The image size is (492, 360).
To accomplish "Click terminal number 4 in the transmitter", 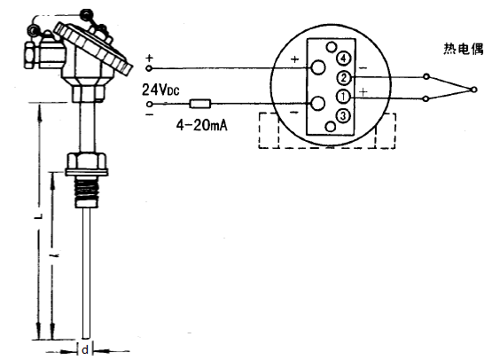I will [342, 59].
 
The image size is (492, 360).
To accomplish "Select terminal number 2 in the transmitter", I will [342, 78].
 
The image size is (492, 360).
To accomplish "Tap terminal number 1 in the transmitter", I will [342, 95].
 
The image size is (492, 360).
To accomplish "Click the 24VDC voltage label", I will [160, 89].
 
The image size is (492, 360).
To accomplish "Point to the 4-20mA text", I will [203, 126].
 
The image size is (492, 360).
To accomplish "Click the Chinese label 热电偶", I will [464, 50].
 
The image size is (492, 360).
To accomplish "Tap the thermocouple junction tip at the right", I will [480, 87].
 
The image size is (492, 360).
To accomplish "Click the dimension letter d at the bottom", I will [85, 350].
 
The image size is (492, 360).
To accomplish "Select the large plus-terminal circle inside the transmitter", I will [318, 67].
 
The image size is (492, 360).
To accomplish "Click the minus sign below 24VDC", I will [147, 113].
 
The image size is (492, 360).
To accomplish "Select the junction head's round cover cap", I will [94, 44].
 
